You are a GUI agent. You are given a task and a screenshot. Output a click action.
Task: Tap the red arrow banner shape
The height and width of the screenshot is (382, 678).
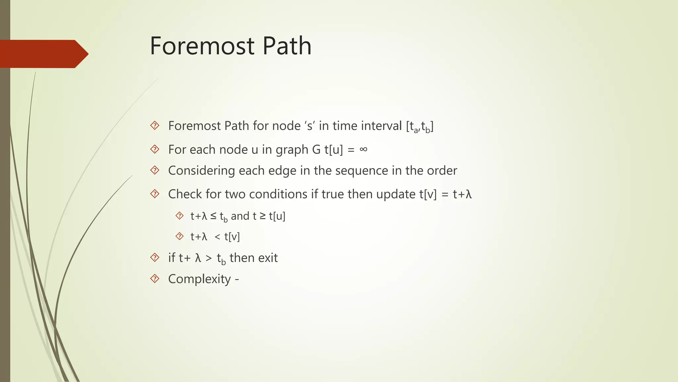pyautogui.click(x=43, y=54)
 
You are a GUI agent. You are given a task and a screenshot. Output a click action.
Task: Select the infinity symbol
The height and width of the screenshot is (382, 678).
pyautogui.click(x=363, y=149)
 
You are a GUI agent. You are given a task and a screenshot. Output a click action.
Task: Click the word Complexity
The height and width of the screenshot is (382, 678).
pyautogui.click(x=199, y=279)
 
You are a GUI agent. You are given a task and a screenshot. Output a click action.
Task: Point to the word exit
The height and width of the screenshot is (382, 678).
pyautogui.click(x=267, y=258)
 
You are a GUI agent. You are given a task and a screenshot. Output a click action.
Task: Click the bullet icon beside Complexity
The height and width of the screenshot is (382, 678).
pyautogui.click(x=155, y=279)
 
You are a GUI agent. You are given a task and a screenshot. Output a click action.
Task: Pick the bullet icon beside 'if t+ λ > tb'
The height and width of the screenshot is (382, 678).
pyautogui.click(x=155, y=257)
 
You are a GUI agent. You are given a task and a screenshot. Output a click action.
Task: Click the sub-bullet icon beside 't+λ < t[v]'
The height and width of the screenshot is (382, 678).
pyautogui.click(x=179, y=236)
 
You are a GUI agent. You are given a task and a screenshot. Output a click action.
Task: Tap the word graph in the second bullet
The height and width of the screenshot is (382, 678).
pyautogui.click(x=292, y=150)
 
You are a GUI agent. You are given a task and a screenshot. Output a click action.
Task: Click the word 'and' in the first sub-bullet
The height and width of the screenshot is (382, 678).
pyautogui.click(x=240, y=216)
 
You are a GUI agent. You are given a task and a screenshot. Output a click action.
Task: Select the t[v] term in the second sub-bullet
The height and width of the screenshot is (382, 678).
pyautogui.click(x=232, y=237)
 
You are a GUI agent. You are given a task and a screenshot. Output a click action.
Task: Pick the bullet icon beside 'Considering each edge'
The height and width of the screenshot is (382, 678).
pyautogui.click(x=155, y=170)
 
